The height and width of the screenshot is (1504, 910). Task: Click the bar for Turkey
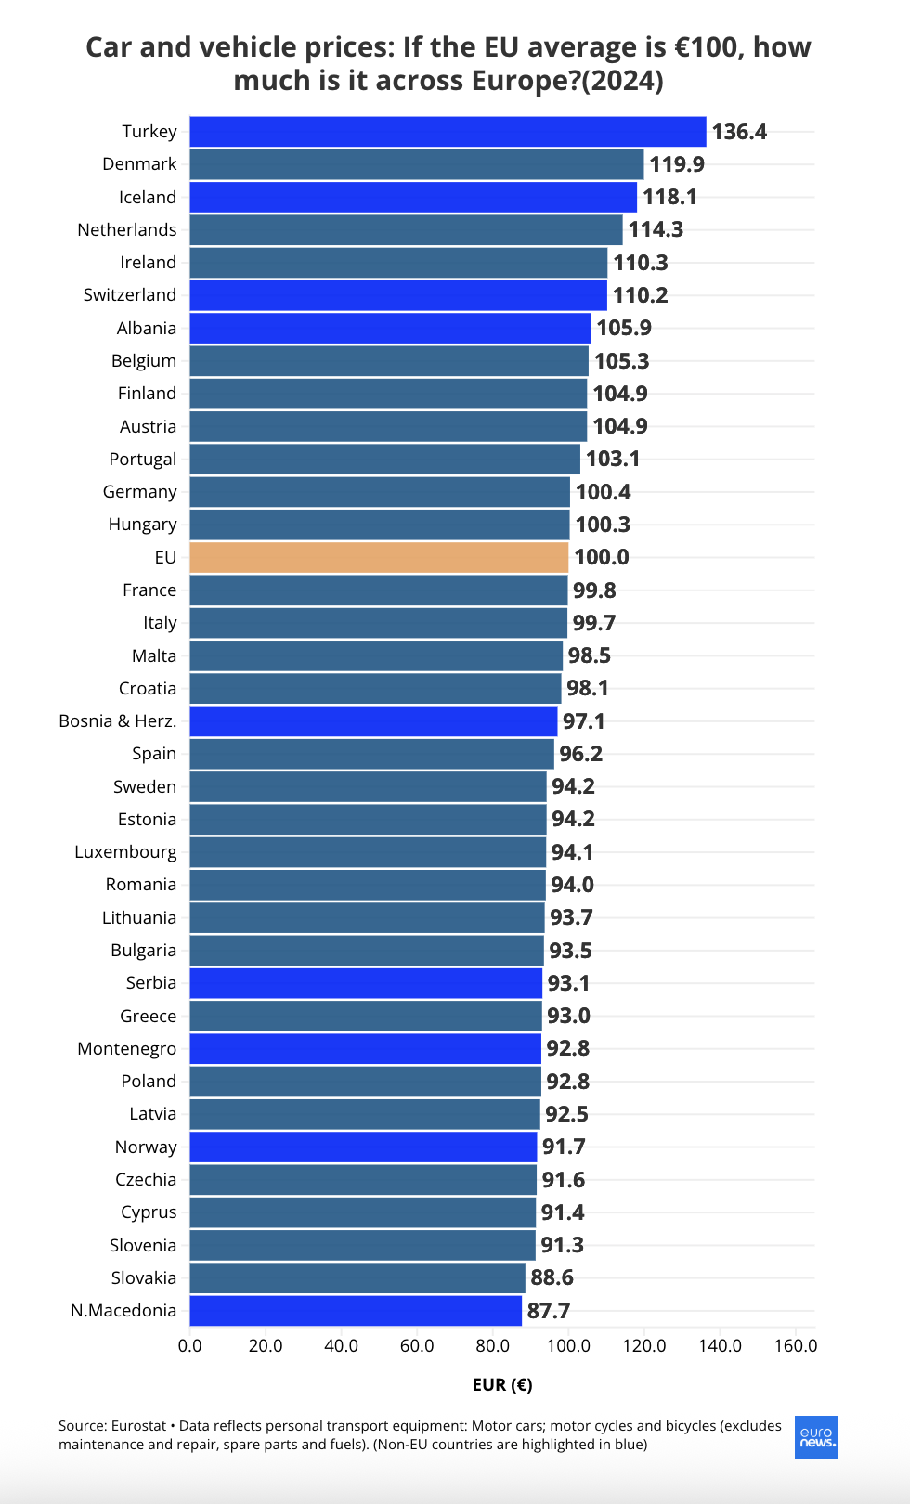click(x=448, y=132)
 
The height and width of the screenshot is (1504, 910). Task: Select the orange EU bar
click(x=379, y=557)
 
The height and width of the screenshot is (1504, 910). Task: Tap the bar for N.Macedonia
click(x=356, y=1311)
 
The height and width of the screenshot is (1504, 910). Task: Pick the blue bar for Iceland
click(x=413, y=197)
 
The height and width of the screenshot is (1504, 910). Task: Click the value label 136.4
click(x=739, y=132)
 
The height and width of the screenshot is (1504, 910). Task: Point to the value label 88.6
click(x=552, y=1277)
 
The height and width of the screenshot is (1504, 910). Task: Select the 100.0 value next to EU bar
click(x=602, y=557)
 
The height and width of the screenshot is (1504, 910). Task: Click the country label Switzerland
click(x=130, y=295)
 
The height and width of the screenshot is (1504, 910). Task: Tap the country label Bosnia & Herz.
click(x=118, y=721)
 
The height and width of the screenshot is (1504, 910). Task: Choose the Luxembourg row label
click(x=125, y=852)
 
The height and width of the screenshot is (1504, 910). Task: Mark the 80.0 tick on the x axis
click(x=492, y=1346)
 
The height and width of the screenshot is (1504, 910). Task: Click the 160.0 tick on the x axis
click(x=796, y=1346)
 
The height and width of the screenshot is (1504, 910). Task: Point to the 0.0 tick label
click(x=189, y=1346)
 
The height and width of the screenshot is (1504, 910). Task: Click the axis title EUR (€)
click(x=502, y=1385)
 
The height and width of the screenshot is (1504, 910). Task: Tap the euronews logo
click(x=817, y=1437)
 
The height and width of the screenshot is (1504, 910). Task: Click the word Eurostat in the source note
click(x=138, y=1426)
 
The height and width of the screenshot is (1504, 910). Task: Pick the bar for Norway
click(x=363, y=1147)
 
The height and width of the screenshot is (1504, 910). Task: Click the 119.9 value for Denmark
click(x=677, y=164)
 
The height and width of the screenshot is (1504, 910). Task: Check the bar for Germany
click(x=380, y=492)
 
